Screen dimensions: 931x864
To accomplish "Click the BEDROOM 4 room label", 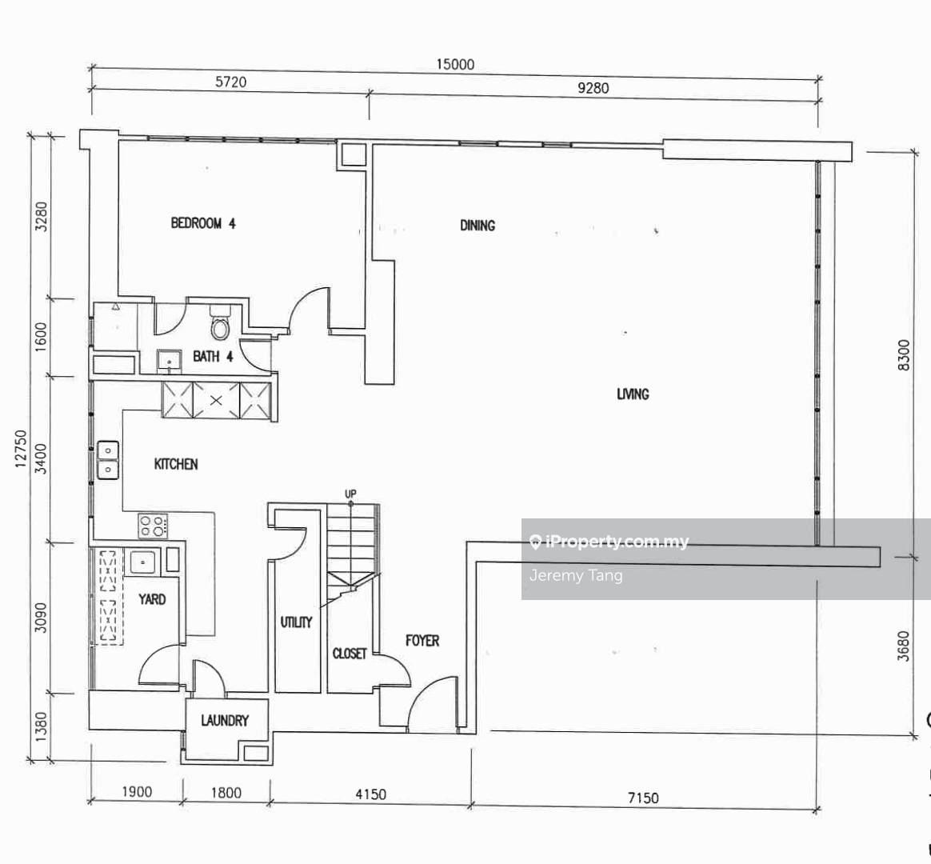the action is pos(203,223).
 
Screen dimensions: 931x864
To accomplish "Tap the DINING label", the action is pos(477,226).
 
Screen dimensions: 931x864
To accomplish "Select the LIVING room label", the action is pos(633,394).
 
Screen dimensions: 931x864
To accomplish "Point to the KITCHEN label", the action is pos(176,464).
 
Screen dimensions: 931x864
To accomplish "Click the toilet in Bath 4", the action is pos(220,322).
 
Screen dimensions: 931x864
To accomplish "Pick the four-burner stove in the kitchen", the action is pos(153,526).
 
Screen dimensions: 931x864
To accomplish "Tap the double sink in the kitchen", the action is pos(108,460).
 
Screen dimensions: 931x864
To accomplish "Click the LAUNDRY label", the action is pos(225,721).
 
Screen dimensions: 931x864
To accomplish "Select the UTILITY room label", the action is pos(296,622).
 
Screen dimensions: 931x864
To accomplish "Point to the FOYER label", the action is pos(422,641).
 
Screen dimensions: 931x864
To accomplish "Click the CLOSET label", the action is pos(349,654).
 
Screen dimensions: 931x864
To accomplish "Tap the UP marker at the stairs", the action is pos(350,494).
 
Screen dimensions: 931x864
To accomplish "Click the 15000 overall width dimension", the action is pos(455,64).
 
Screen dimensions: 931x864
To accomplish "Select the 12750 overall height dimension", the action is pos(21,449).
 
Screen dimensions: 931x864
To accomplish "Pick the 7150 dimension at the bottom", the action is pos(643,798).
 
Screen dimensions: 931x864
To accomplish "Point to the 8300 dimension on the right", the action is pos(903,355).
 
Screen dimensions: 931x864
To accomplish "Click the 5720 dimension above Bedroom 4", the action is pos(230,82).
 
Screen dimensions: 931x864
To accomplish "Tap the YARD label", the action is pos(152,599).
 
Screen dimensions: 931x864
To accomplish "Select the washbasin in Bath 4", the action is pos(170,361).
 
